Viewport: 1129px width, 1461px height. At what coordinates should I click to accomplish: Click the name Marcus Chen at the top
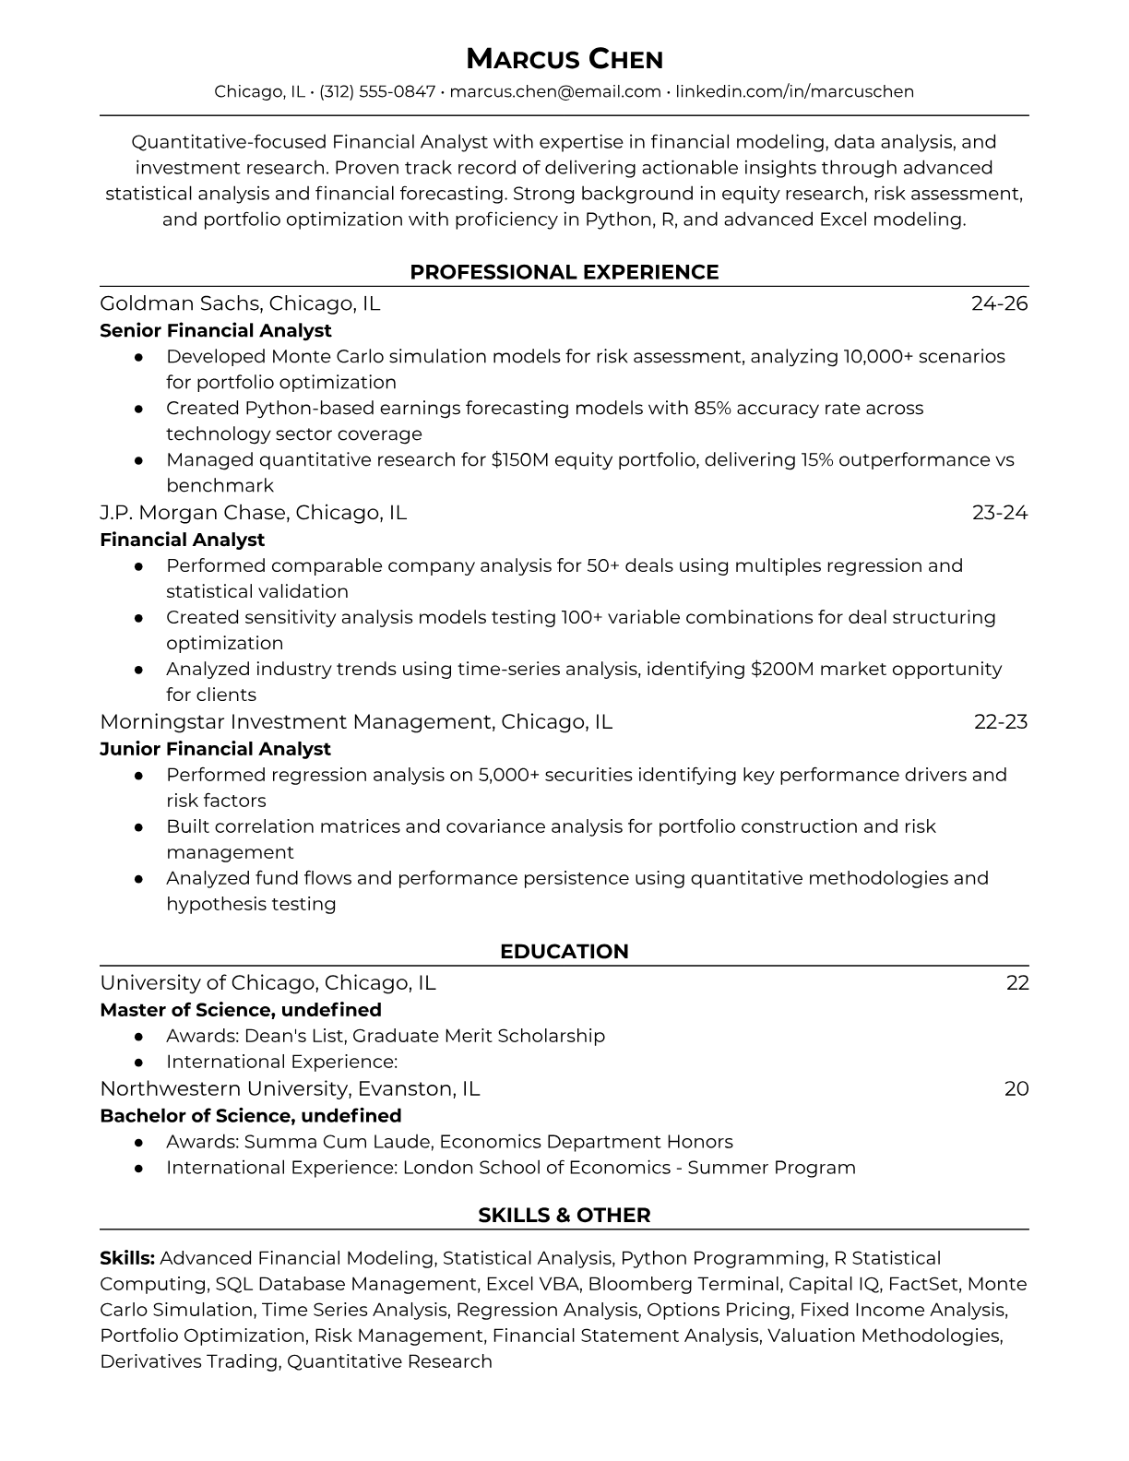click(x=564, y=60)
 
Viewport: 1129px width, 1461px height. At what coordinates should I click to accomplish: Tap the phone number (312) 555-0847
click(x=376, y=91)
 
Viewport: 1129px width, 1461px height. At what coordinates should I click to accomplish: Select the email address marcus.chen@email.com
click(x=555, y=91)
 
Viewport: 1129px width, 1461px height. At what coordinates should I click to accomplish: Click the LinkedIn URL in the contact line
click(x=794, y=91)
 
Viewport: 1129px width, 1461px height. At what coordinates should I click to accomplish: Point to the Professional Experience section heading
click(x=564, y=272)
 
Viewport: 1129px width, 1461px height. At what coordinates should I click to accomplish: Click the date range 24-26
click(x=999, y=303)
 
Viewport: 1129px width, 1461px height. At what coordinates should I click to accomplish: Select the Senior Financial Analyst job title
click(x=215, y=330)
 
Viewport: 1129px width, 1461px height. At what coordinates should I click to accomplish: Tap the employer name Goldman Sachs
click(x=179, y=303)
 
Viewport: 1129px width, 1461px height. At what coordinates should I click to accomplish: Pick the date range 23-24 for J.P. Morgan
click(x=999, y=513)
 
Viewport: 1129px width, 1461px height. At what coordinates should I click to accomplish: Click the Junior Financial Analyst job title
click(x=215, y=749)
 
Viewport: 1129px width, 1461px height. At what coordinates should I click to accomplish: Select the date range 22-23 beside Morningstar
click(x=1000, y=722)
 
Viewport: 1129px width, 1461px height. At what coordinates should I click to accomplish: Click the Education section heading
click(x=564, y=952)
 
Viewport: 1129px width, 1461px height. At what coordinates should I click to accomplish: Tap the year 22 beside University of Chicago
click(x=1016, y=983)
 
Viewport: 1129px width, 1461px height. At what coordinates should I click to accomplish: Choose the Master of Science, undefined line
click(x=240, y=1010)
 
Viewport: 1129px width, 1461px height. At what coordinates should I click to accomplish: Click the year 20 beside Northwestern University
click(x=1016, y=1089)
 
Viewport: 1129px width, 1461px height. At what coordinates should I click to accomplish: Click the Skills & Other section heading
click(x=564, y=1216)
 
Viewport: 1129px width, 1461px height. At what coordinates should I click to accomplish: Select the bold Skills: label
click(x=127, y=1258)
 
